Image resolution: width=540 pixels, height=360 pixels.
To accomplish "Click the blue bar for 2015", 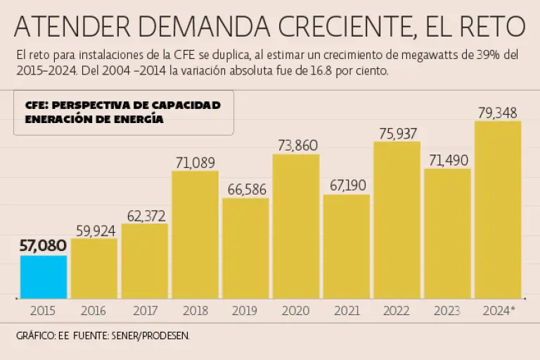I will pyautogui.click(x=44, y=276).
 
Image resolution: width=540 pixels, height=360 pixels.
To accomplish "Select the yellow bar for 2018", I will pyautogui.click(x=195, y=234).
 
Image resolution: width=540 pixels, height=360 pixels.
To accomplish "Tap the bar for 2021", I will pyautogui.click(x=347, y=246).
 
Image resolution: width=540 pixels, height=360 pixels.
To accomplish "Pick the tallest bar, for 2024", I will pyautogui.click(x=498, y=210).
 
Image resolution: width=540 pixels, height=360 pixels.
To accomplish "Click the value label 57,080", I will pyautogui.click(x=44, y=245).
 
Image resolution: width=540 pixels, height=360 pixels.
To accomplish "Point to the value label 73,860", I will pyautogui.click(x=296, y=145).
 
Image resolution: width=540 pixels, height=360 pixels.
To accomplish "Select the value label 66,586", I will pyautogui.click(x=245, y=188).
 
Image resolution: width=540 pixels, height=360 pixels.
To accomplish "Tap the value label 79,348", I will pyautogui.click(x=498, y=112).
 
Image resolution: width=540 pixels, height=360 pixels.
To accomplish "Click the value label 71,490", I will pyautogui.click(x=447, y=160).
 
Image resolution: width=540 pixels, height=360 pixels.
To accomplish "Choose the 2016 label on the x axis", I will pyautogui.click(x=94, y=310).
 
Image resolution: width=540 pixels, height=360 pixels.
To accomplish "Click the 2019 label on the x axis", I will pyautogui.click(x=245, y=310).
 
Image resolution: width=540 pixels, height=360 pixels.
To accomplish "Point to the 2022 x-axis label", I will pyautogui.click(x=397, y=310).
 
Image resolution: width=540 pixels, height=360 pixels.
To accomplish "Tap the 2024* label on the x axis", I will pyautogui.click(x=499, y=310).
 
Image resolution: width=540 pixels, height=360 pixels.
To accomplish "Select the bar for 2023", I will pyautogui.click(x=447, y=233).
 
